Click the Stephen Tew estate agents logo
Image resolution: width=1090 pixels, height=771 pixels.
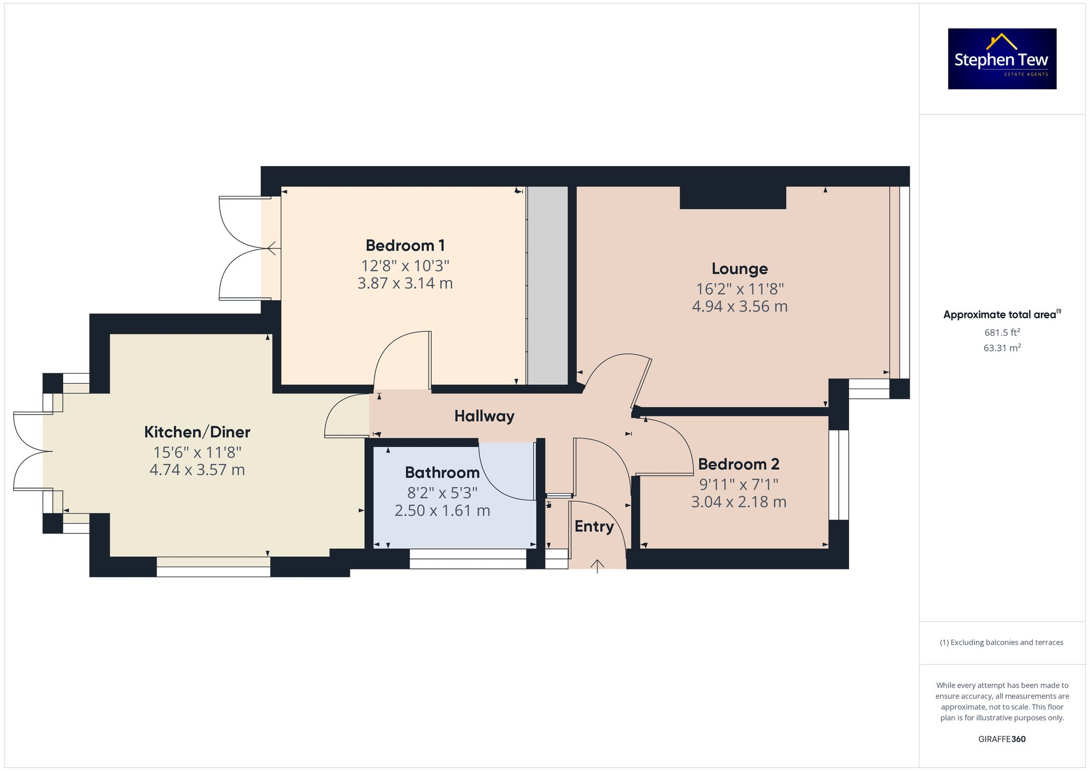(1002, 59)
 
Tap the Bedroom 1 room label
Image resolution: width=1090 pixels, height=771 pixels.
(405, 246)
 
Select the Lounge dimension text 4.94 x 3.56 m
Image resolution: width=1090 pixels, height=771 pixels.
(740, 307)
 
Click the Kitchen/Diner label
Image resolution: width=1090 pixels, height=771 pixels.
(197, 432)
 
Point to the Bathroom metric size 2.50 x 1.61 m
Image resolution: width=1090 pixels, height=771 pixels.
(442, 511)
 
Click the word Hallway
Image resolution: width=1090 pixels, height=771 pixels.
(484, 416)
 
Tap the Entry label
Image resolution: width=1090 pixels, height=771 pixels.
(594, 526)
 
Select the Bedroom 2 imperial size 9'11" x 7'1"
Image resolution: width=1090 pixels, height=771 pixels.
(738, 484)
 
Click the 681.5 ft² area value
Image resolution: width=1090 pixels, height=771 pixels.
(1002, 332)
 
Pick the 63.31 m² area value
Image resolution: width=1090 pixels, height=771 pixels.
(1002, 348)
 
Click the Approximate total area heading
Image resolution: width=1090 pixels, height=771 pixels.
(1002, 314)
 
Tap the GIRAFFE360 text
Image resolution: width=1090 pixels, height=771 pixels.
(1002, 739)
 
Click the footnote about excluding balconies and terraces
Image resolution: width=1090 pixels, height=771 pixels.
(1002, 642)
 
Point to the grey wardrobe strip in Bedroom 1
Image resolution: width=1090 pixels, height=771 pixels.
(548, 286)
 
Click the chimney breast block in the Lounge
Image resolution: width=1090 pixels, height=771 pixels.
(732, 198)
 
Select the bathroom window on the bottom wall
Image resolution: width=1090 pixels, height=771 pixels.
(468, 559)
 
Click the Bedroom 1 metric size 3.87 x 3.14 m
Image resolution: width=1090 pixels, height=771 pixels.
(405, 283)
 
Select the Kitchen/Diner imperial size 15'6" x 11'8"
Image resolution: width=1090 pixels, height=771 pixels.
(197, 453)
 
